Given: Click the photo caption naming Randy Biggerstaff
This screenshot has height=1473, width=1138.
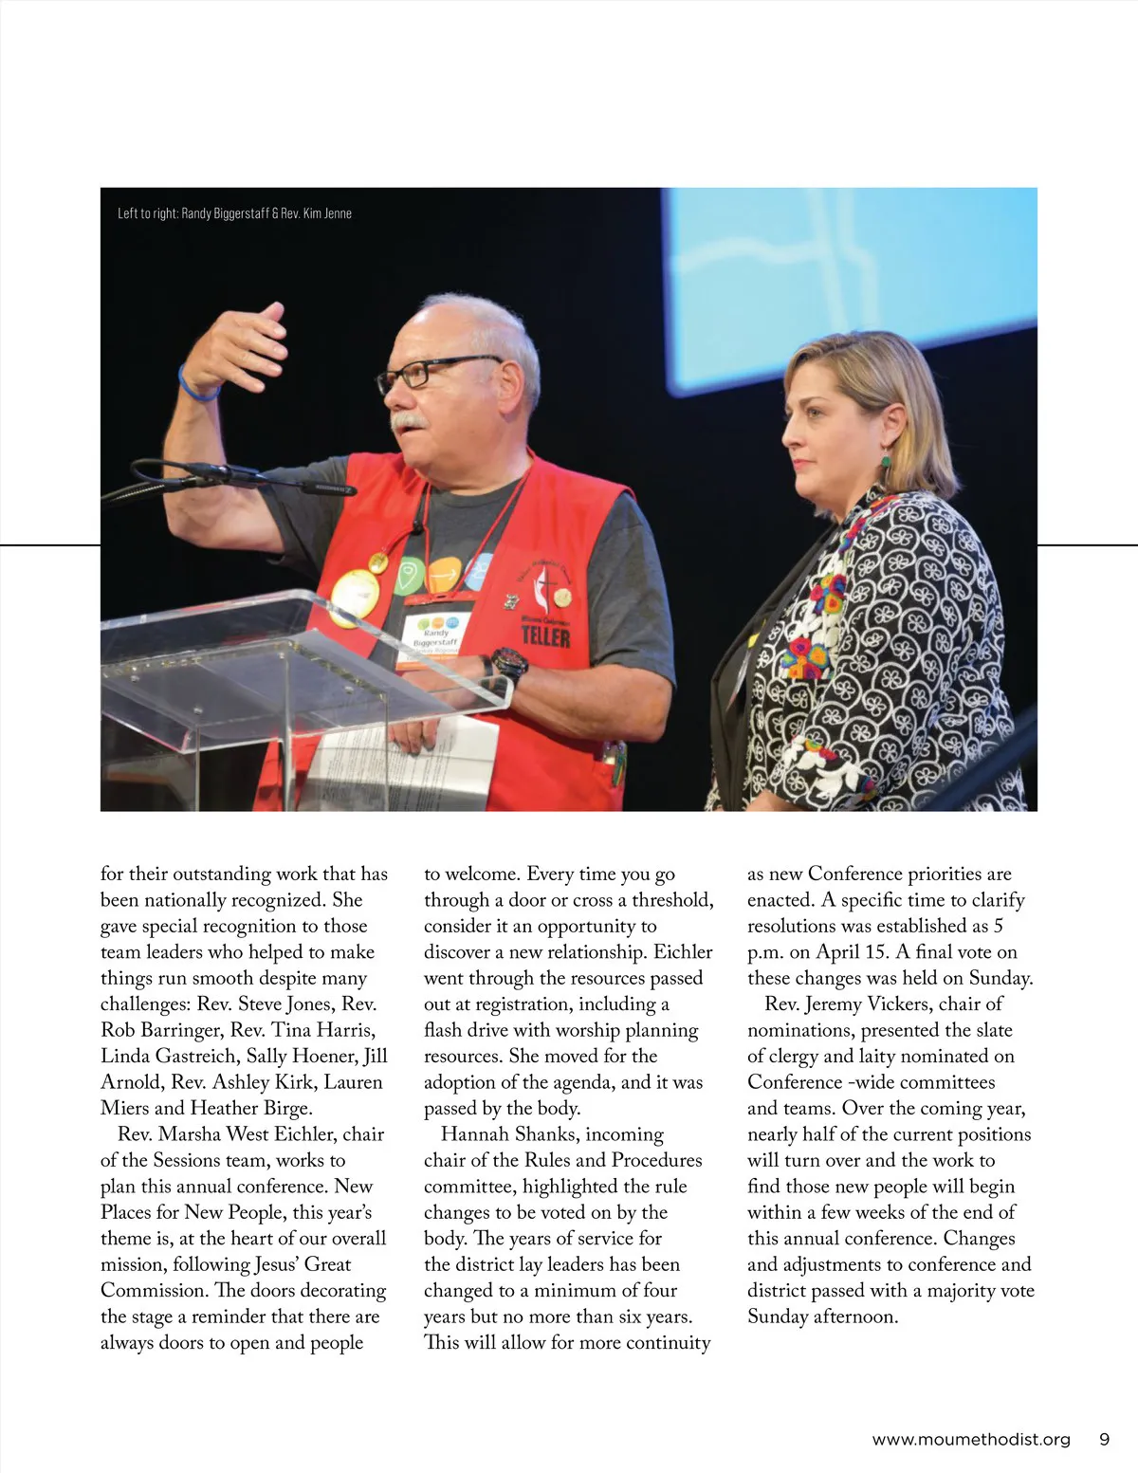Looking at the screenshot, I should (234, 213).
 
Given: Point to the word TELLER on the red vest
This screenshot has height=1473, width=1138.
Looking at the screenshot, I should (545, 635).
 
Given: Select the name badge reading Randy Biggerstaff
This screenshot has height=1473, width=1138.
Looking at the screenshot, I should (436, 636).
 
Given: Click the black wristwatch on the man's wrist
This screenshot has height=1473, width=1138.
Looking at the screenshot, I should (509, 664).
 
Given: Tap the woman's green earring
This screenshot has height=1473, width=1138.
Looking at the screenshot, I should (887, 462).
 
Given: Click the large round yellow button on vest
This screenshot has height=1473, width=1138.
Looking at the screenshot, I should (354, 597).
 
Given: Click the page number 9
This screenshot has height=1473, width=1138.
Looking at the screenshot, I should (1104, 1439).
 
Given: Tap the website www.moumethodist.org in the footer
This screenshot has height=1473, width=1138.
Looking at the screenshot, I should (971, 1439).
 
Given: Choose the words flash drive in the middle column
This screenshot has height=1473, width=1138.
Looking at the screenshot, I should (468, 1030).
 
